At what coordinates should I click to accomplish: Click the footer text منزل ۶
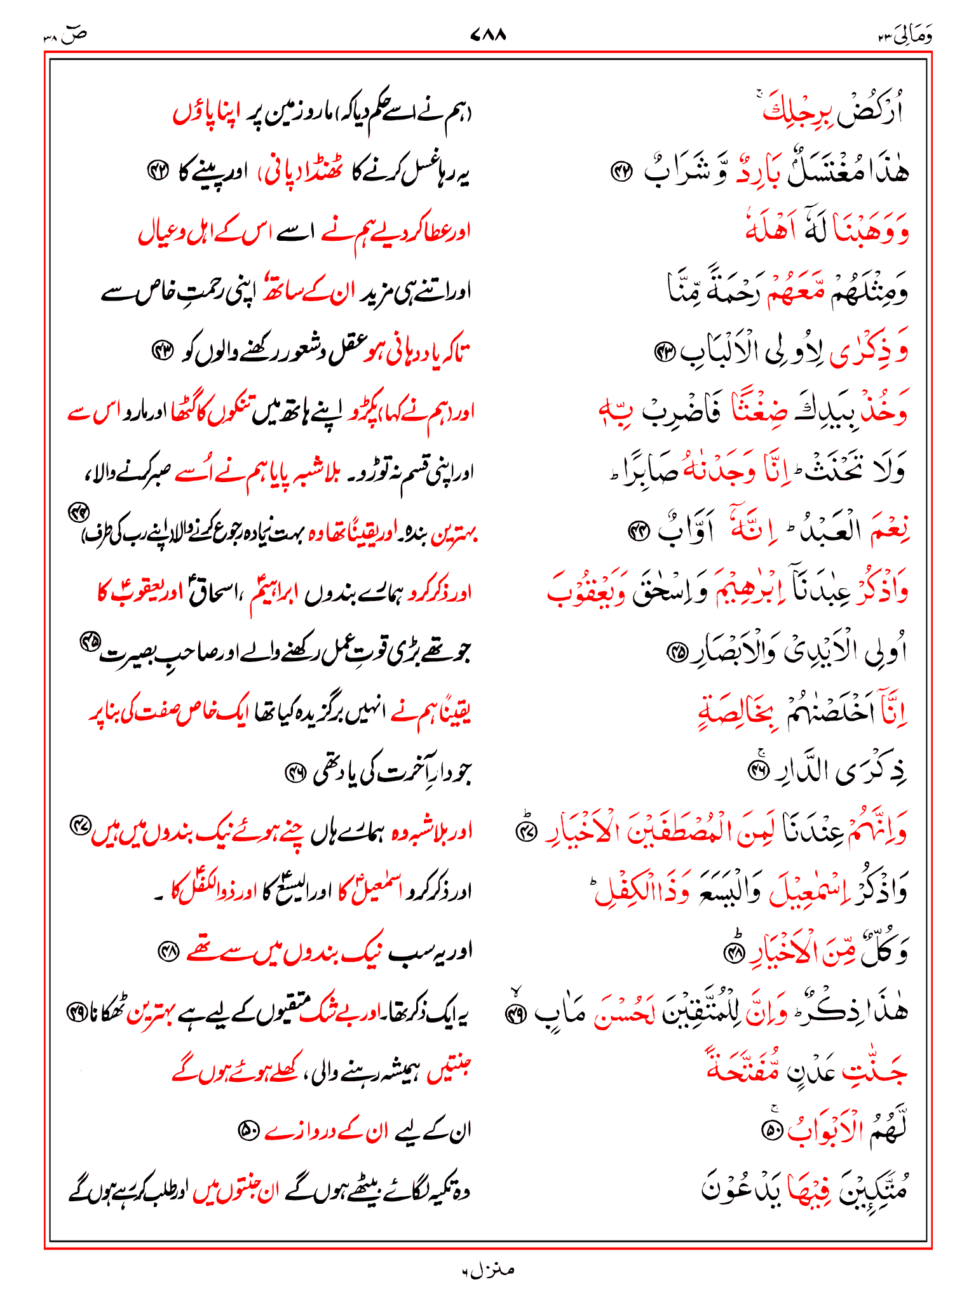(488, 1270)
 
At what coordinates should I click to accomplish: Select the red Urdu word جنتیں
(450, 1068)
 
